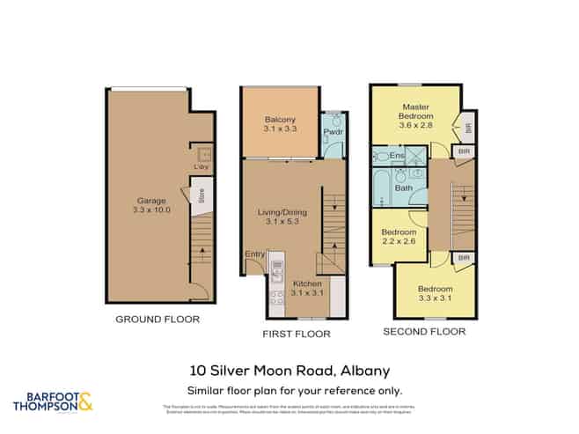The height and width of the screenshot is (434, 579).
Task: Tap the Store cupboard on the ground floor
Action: pos(202,194)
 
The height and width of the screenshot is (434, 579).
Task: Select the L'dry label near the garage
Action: pos(201,166)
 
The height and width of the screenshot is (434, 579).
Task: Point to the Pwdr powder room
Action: pos(333,133)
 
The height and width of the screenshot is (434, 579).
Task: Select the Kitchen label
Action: pos(307,283)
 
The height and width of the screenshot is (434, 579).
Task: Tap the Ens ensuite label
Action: pos(397,156)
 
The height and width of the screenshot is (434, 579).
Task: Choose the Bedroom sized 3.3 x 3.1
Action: pos(435,294)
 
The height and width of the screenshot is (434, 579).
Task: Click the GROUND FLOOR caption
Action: pos(158,319)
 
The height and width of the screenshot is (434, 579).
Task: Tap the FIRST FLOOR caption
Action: pos(297,334)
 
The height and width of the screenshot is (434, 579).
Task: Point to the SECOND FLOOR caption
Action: pos(422,332)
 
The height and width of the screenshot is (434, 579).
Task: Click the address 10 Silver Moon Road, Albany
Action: pos(289,371)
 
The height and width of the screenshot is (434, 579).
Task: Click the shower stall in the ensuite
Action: pos(416,157)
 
